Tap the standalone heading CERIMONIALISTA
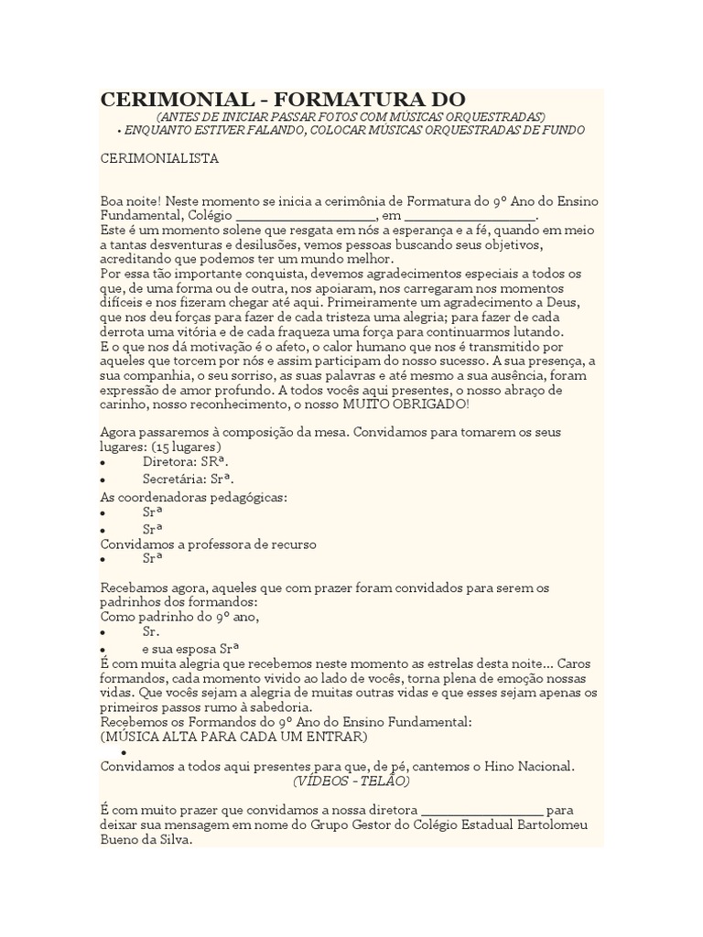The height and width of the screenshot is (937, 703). tap(159, 157)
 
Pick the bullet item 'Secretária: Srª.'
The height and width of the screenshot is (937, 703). tap(188, 479)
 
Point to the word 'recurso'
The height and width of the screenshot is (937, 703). tap(293, 544)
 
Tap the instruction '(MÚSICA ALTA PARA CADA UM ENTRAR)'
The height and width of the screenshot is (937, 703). tap(234, 737)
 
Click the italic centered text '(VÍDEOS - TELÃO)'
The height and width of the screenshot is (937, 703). tap(351, 781)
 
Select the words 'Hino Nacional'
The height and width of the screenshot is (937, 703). tap(535, 766)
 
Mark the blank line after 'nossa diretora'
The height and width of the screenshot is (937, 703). tap(481, 811)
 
